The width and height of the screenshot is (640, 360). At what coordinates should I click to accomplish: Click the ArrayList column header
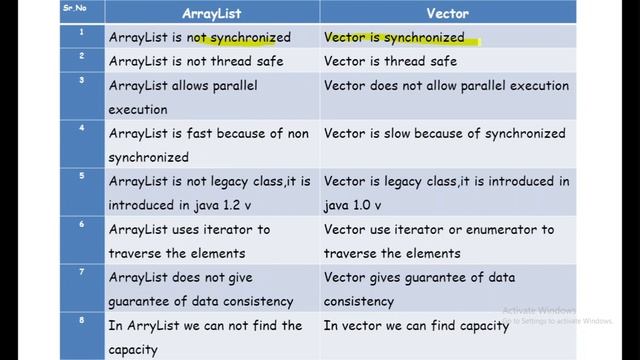point(212,14)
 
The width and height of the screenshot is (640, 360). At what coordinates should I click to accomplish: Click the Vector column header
point(446,14)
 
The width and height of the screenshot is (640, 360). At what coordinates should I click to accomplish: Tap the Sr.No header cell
point(68,7)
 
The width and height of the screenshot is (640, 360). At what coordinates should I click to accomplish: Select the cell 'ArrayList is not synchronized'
point(200,37)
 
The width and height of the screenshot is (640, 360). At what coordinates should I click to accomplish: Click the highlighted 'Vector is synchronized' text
point(394,37)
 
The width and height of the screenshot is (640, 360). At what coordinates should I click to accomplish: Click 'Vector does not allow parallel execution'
point(446,85)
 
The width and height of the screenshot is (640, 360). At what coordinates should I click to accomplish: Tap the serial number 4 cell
point(81,128)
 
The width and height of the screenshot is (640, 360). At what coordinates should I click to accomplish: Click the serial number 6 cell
point(81,224)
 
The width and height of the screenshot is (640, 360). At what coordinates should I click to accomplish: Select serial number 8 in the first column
point(81,320)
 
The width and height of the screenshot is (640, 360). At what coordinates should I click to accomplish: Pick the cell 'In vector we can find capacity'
point(416,325)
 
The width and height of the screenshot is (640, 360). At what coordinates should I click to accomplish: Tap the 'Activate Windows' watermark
point(539,309)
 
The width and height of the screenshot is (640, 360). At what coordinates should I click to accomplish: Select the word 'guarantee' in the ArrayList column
point(148,301)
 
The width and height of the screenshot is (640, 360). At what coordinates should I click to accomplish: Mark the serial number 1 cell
point(81,32)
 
